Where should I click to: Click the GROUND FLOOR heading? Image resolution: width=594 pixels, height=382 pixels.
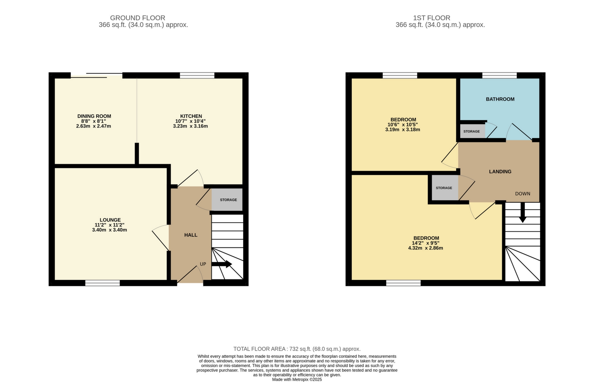click(x=137, y=18)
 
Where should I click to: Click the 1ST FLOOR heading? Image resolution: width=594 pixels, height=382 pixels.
click(x=431, y=18)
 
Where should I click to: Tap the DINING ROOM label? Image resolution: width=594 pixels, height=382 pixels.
click(x=94, y=116)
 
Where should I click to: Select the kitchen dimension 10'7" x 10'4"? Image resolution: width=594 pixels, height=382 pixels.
click(x=190, y=121)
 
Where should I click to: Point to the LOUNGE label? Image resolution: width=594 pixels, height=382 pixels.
click(x=110, y=220)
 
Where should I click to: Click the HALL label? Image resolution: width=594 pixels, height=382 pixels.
click(x=191, y=235)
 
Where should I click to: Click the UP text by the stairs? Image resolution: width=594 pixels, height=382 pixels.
click(x=203, y=264)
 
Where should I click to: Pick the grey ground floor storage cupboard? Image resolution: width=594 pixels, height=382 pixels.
click(x=227, y=200)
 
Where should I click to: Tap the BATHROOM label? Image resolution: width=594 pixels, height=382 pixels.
click(x=500, y=99)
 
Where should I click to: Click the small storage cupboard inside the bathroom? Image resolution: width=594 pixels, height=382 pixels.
click(x=472, y=131)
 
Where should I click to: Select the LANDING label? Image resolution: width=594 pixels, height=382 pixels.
click(x=500, y=172)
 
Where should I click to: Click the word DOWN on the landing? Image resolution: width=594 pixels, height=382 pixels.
click(x=523, y=193)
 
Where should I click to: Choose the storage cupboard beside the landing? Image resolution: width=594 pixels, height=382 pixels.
click(x=444, y=188)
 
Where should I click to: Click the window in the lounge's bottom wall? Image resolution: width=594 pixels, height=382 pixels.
click(x=103, y=283)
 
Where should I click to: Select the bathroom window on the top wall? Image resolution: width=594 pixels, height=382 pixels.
click(x=500, y=76)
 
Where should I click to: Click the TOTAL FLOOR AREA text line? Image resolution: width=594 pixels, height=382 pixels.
click(x=297, y=349)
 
